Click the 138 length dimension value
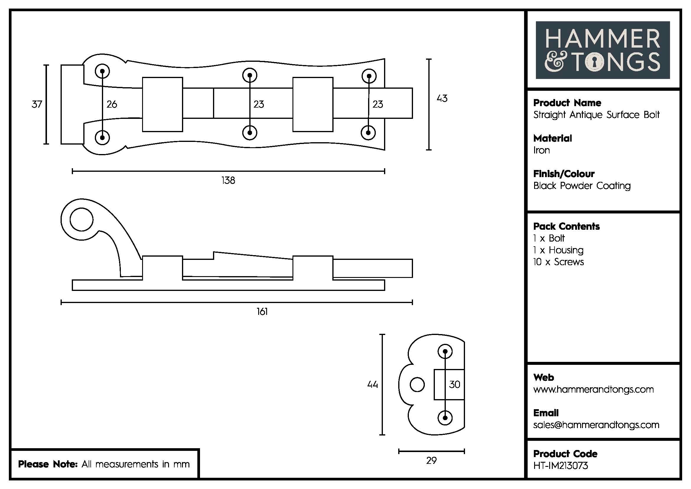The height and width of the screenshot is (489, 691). [x=228, y=180]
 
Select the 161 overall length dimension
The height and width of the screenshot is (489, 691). [x=262, y=311]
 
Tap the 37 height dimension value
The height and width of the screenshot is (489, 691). [x=37, y=104]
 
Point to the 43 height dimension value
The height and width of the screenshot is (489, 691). [x=442, y=98]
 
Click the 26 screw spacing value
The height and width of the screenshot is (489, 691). [x=112, y=104]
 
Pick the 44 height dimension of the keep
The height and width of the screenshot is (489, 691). [x=372, y=385]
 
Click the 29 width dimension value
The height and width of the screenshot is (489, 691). [x=431, y=460]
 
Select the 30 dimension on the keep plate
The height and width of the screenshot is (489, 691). [x=454, y=385]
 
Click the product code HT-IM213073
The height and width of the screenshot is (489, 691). [x=560, y=466]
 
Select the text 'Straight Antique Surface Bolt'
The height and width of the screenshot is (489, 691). [x=596, y=115]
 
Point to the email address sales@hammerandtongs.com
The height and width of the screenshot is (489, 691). [x=596, y=425]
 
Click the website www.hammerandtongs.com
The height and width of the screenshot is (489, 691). [x=594, y=389]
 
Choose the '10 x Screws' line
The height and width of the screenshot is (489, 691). [x=559, y=262]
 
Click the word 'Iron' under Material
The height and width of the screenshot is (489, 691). [x=542, y=150]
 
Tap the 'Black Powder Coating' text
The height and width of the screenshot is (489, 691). [x=582, y=186]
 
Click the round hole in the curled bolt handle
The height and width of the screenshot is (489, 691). [x=82, y=219]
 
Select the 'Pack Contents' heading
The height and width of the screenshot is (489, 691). [x=566, y=226]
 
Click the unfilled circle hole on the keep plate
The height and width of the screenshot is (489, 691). [x=417, y=385]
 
